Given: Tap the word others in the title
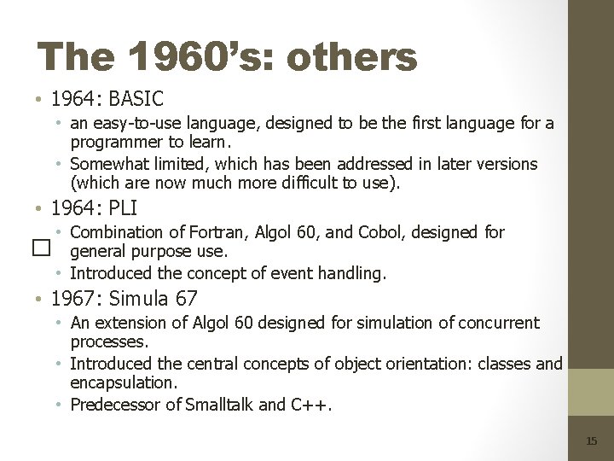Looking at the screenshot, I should (352, 58).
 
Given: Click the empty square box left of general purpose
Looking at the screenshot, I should (38, 247).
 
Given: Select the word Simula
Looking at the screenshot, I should (138, 298).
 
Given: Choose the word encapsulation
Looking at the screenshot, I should (123, 383).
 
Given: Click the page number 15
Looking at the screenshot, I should (592, 441).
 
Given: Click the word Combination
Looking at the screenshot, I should (117, 232).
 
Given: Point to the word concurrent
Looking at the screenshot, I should (499, 323).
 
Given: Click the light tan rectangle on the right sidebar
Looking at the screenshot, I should (591, 393).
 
